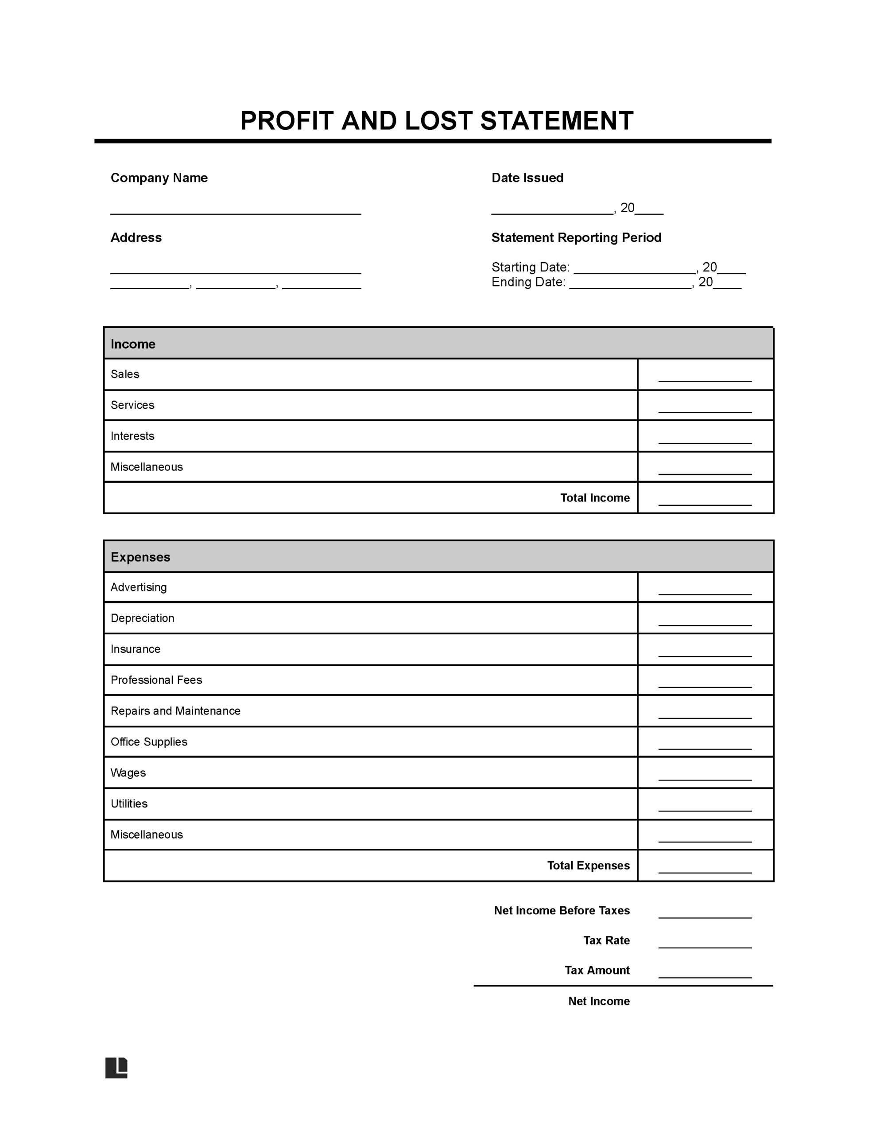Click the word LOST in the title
[x=438, y=120]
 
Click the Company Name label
[x=159, y=178]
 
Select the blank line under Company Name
[x=235, y=210]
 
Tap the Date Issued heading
[x=527, y=178]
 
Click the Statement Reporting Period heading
[x=576, y=237]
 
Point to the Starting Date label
[x=530, y=267]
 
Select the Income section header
[x=133, y=344]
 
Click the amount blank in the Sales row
[x=704, y=378]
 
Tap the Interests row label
[x=132, y=435]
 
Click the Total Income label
[x=595, y=497]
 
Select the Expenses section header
[x=140, y=557]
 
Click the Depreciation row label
[x=142, y=618]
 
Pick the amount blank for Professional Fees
[x=704, y=684]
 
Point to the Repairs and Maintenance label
[x=175, y=711]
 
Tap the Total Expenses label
[x=588, y=865]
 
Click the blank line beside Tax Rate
[x=704, y=944]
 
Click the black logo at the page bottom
[x=116, y=1068]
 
